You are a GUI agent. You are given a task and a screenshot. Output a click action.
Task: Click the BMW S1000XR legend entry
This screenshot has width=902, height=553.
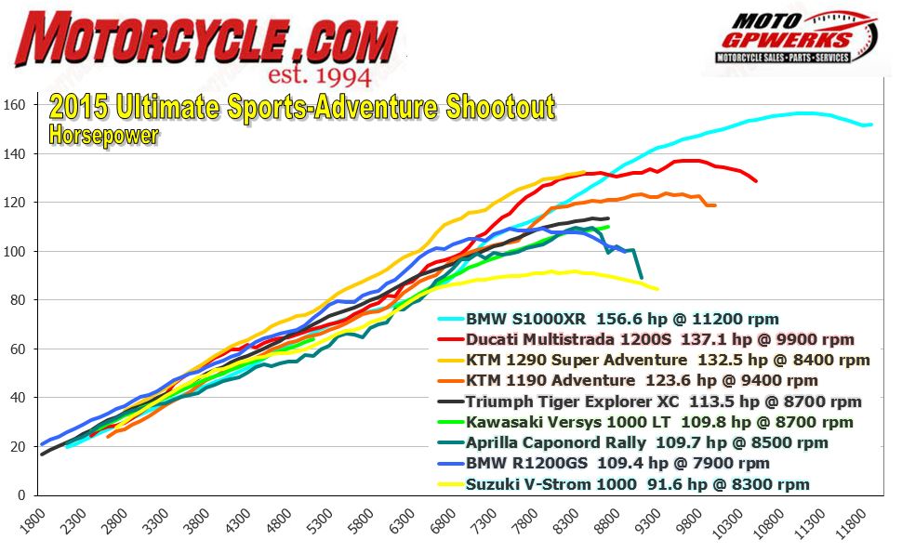(x=622, y=318)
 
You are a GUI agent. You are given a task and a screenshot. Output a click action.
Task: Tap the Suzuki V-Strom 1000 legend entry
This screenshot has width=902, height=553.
(x=637, y=484)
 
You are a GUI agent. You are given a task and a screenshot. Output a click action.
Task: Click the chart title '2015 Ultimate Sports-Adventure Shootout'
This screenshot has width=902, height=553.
(x=301, y=108)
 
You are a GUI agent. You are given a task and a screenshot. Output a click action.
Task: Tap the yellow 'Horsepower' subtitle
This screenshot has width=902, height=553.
(x=103, y=135)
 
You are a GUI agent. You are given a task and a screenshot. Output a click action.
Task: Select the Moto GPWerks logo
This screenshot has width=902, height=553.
(x=795, y=37)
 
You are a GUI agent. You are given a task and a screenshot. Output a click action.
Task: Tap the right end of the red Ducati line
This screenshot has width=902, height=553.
(x=756, y=180)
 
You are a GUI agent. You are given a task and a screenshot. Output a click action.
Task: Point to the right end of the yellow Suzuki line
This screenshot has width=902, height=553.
(x=657, y=288)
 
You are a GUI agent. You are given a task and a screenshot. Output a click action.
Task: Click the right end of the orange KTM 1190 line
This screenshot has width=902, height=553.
(x=714, y=205)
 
